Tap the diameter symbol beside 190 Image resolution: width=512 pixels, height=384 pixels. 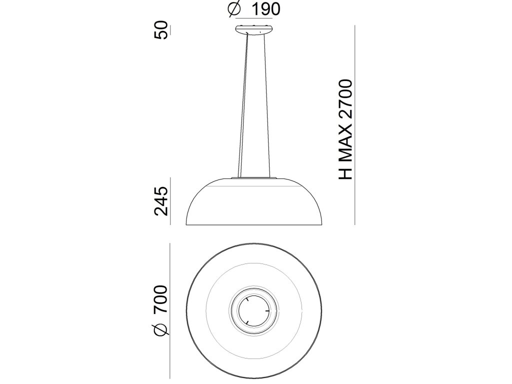(234, 9)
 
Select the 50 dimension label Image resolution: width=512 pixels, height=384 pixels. (161, 30)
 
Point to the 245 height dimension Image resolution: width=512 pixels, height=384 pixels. (161, 201)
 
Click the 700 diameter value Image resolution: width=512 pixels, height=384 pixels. (161, 299)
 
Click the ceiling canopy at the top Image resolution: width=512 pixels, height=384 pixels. (254, 29)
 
